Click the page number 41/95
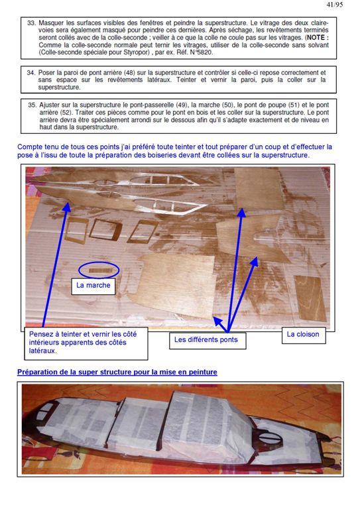334,5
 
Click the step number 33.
31,23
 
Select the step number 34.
31,73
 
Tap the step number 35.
32,105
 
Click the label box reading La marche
93,286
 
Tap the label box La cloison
304,335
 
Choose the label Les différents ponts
208,340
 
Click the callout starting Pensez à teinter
86,343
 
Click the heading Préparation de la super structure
117,372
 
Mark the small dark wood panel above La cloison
310,298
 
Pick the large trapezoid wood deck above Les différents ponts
178,285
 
